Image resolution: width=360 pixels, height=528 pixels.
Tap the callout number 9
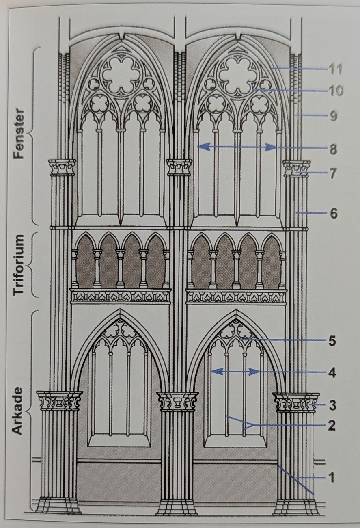333,117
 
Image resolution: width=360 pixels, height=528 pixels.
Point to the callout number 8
333,149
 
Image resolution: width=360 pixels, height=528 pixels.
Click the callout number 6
333,213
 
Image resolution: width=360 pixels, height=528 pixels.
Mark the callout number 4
332,372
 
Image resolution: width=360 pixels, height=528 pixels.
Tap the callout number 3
332,405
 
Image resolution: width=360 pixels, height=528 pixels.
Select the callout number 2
332,426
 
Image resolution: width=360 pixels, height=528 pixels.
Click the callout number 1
331,478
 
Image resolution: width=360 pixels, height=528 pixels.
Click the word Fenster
19,134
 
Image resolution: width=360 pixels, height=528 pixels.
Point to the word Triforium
19,264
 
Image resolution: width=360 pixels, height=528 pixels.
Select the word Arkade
18,411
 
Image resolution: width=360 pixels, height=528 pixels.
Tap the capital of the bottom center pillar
177,401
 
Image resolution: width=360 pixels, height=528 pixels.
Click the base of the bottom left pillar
59,506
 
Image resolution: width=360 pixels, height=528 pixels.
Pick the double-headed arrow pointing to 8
237,147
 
